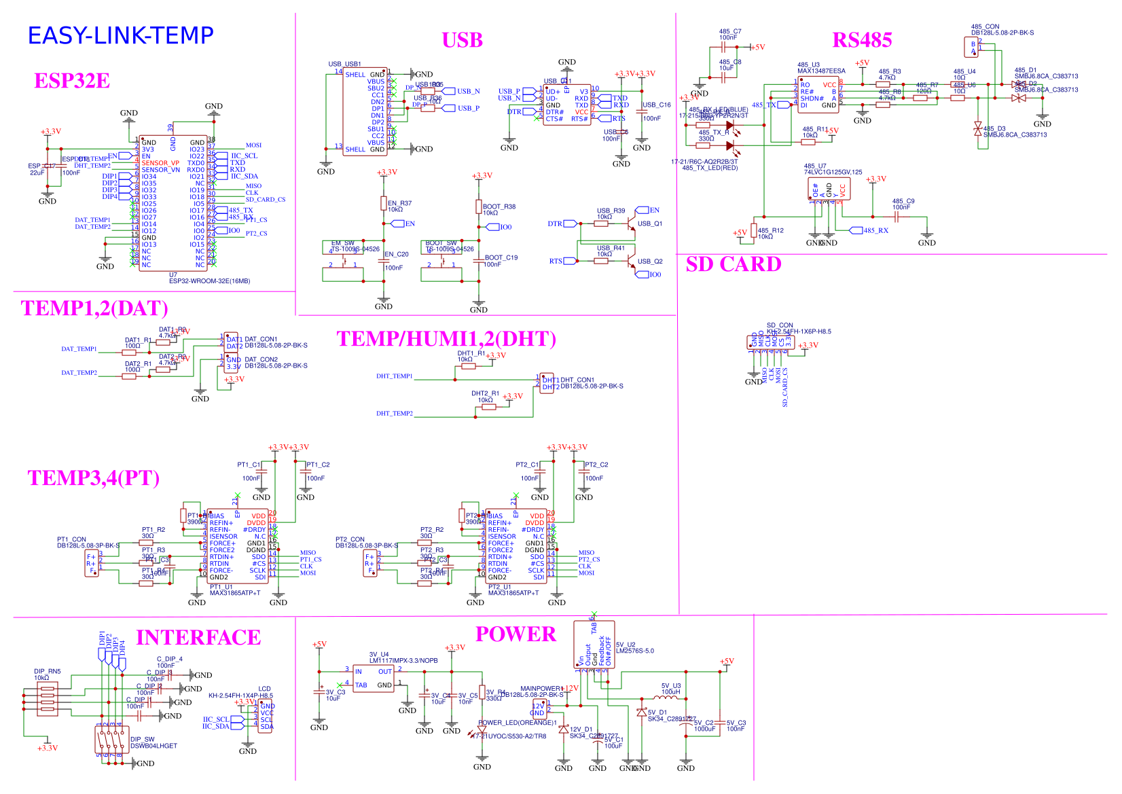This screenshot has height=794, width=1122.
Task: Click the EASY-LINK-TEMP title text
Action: tap(120, 35)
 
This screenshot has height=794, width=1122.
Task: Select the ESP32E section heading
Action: tap(72, 81)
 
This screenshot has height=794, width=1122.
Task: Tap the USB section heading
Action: tap(462, 40)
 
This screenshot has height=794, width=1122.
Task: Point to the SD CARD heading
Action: tap(733, 264)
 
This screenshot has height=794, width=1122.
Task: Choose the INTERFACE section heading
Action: tap(198, 638)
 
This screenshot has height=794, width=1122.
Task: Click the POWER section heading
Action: tap(515, 634)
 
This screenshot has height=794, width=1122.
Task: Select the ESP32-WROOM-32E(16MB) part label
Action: tap(209, 281)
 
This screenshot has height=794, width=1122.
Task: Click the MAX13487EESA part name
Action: tap(821, 71)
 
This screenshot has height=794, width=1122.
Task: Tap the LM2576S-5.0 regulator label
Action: tap(634, 651)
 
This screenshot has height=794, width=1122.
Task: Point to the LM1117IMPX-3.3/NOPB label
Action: tap(403, 660)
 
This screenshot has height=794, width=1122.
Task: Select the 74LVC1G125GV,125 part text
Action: tap(833, 173)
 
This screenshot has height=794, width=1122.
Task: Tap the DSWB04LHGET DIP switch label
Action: tap(153, 746)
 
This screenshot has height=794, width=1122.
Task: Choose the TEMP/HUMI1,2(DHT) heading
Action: tap(446, 339)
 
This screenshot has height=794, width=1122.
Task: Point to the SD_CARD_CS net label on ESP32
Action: tap(265, 200)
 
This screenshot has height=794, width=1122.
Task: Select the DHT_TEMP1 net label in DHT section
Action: tap(394, 376)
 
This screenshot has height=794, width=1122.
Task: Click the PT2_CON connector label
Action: tap(350, 539)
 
